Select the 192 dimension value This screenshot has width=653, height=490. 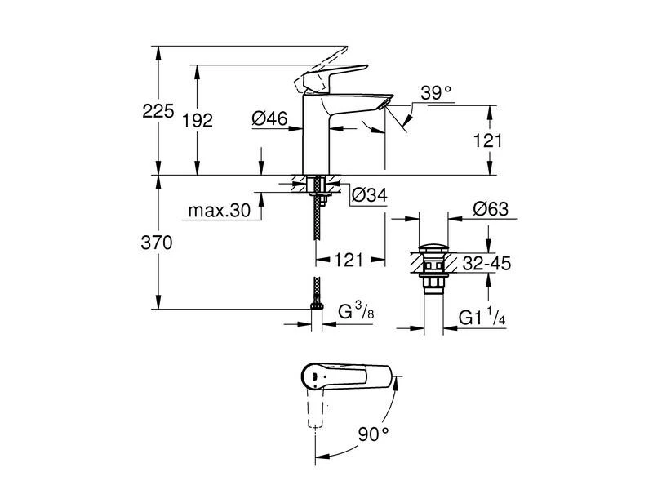pos(199,120)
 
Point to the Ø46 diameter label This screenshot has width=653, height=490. pos(269,120)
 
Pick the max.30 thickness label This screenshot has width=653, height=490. pos(219,210)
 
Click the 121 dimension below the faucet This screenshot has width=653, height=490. pos(349,261)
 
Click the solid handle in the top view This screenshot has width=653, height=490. pos(343,378)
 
